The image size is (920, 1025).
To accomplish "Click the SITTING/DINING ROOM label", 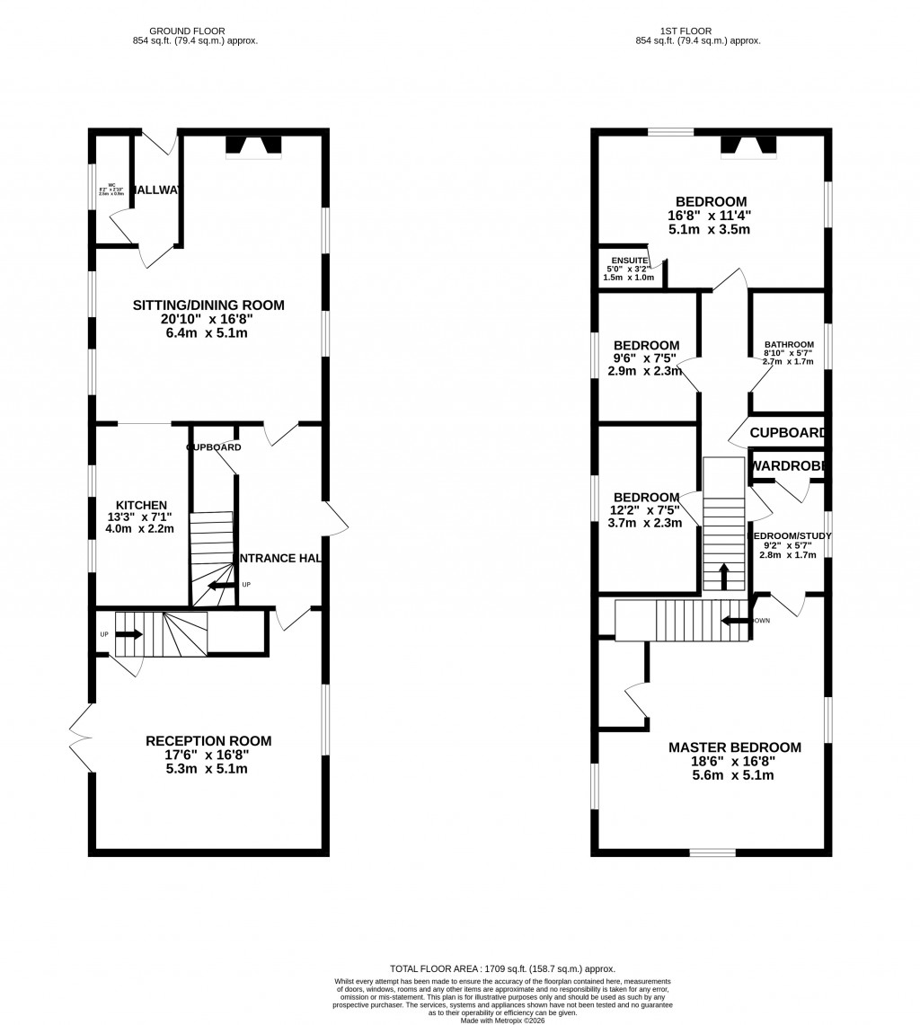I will (x=208, y=305).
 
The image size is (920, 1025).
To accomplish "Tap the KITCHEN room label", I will (x=141, y=505).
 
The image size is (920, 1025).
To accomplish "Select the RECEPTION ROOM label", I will (x=208, y=741).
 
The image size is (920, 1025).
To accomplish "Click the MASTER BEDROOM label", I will (x=734, y=747).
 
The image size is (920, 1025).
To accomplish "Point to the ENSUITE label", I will (x=626, y=261).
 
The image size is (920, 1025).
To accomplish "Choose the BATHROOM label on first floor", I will (x=789, y=344).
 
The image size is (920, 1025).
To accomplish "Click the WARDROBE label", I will (x=788, y=466).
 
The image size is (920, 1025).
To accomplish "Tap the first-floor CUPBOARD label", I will (x=788, y=433).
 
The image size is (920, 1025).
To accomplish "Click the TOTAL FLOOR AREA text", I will (x=502, y=969).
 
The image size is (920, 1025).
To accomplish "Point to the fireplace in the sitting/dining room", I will (x=253, y=146).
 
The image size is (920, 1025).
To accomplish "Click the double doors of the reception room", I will (x=81, y=738).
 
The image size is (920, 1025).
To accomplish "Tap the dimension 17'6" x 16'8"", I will (x=208, y=755).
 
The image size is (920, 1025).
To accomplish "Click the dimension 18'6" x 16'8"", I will (x=734, y=762).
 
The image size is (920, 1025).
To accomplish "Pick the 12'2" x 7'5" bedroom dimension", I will (x=646, y=510).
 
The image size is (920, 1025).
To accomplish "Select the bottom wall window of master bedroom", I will (x=712, y=852).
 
